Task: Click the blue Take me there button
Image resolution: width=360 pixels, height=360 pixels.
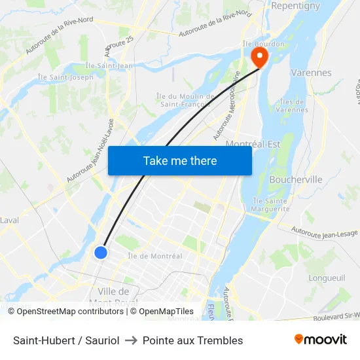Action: tap(179, 160)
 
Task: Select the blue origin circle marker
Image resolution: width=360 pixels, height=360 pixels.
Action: tap(100, 252)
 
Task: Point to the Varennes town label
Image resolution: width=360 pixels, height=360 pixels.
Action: tap(311, 73)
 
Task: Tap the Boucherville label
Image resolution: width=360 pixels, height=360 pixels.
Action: tap(295, 179)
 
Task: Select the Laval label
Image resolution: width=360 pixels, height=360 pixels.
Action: tap(9, 220)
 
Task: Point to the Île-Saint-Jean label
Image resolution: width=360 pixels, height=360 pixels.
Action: tap(109, 65)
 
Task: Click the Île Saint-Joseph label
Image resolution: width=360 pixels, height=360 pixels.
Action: tap(65, 77)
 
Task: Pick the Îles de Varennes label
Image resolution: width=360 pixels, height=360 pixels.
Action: tap(293, 105)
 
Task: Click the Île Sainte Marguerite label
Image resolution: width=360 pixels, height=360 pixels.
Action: tap(271, 205)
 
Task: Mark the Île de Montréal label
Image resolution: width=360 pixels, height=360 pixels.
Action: tap(155, 256)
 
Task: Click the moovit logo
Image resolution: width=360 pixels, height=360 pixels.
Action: tap(320, 339)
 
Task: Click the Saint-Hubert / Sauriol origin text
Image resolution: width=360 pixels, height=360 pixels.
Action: tap(66, 340)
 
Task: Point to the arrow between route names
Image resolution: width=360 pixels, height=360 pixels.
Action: tap(131, 340)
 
